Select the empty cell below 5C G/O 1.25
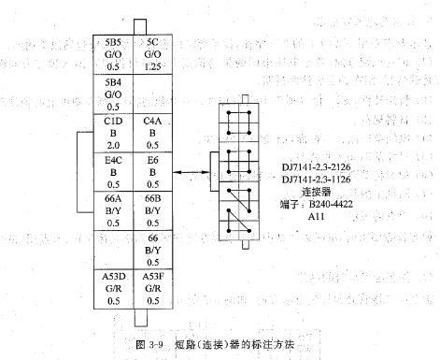153,94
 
